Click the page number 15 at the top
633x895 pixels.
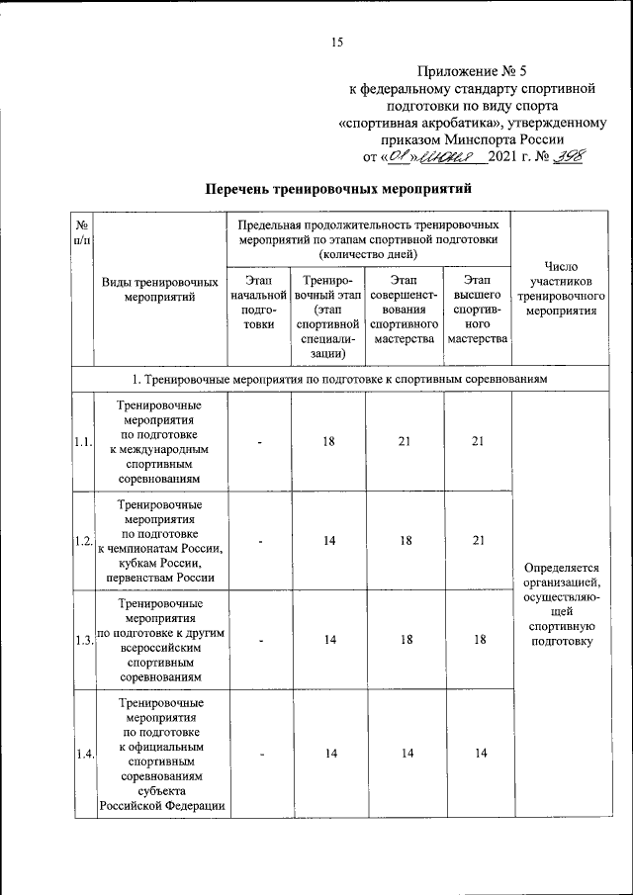point(336,41)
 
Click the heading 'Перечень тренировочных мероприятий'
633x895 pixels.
point(335,187)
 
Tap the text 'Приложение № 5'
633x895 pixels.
point(473,71)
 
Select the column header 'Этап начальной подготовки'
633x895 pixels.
point(258,311)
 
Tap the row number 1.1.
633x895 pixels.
point(82,442)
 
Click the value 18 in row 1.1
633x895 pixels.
point(328,441)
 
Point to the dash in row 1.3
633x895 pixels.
point(258,640)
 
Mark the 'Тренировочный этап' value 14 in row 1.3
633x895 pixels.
point(328,640)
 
